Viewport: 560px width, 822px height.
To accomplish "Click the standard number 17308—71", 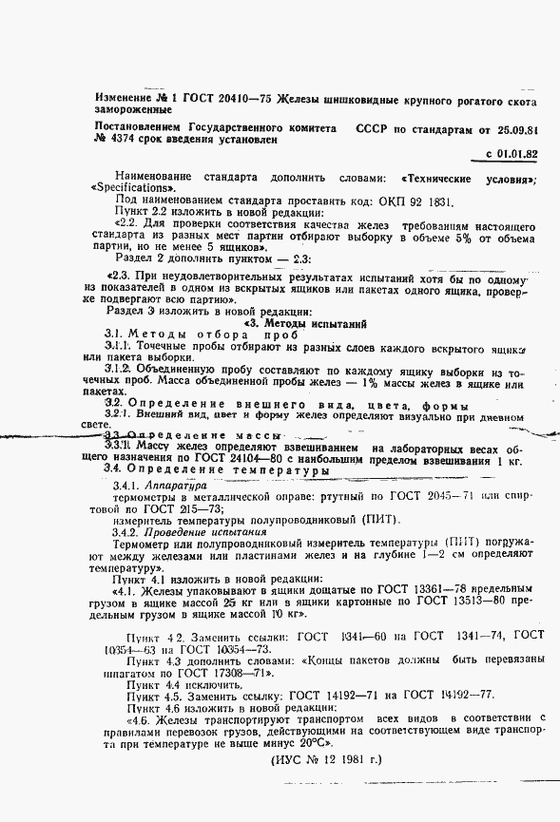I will point(222,671).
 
